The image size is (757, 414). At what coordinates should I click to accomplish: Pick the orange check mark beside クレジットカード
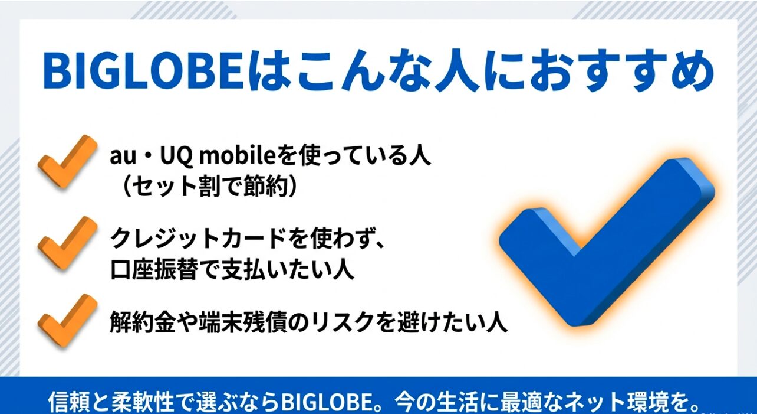pyautogui.click(x=67, y=242)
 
